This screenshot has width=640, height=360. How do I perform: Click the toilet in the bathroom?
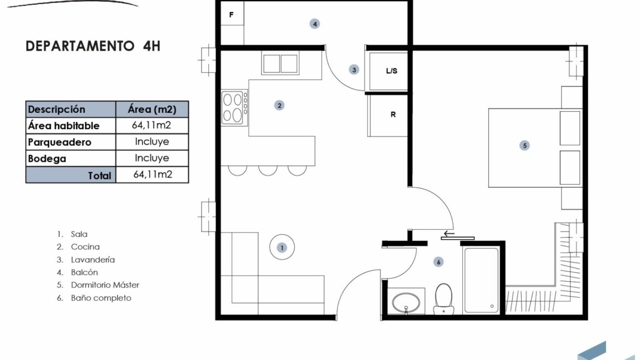(444, 299)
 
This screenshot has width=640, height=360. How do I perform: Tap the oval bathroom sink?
(406, 303)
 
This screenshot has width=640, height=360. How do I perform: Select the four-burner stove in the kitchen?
(235, 108)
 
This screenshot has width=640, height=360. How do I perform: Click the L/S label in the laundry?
(392, 71)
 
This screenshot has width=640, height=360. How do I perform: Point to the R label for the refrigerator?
(393, 115)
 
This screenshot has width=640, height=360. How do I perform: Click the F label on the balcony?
(231, 15)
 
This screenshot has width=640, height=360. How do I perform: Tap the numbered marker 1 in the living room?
(282, 248)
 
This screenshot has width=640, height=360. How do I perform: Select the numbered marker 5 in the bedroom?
(525, 146)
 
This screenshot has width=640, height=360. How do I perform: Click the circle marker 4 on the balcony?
(315, 24)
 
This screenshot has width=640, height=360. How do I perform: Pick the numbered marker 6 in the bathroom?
(438, 262)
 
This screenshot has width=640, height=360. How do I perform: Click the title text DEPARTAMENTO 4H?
(93, 46)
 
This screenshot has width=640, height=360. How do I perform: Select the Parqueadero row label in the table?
(60, 142)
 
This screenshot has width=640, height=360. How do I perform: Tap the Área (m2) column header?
(152, 109)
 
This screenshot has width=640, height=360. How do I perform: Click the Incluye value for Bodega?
(152, 158)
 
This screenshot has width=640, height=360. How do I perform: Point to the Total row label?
(100, 176)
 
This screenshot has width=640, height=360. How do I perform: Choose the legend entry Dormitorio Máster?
(105, 285)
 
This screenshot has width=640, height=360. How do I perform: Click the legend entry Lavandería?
(92, 259)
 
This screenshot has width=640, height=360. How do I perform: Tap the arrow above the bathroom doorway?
(449, 234)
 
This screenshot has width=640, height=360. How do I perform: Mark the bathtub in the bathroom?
(481, 281)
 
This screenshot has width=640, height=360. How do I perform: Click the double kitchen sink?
(280, 63)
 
